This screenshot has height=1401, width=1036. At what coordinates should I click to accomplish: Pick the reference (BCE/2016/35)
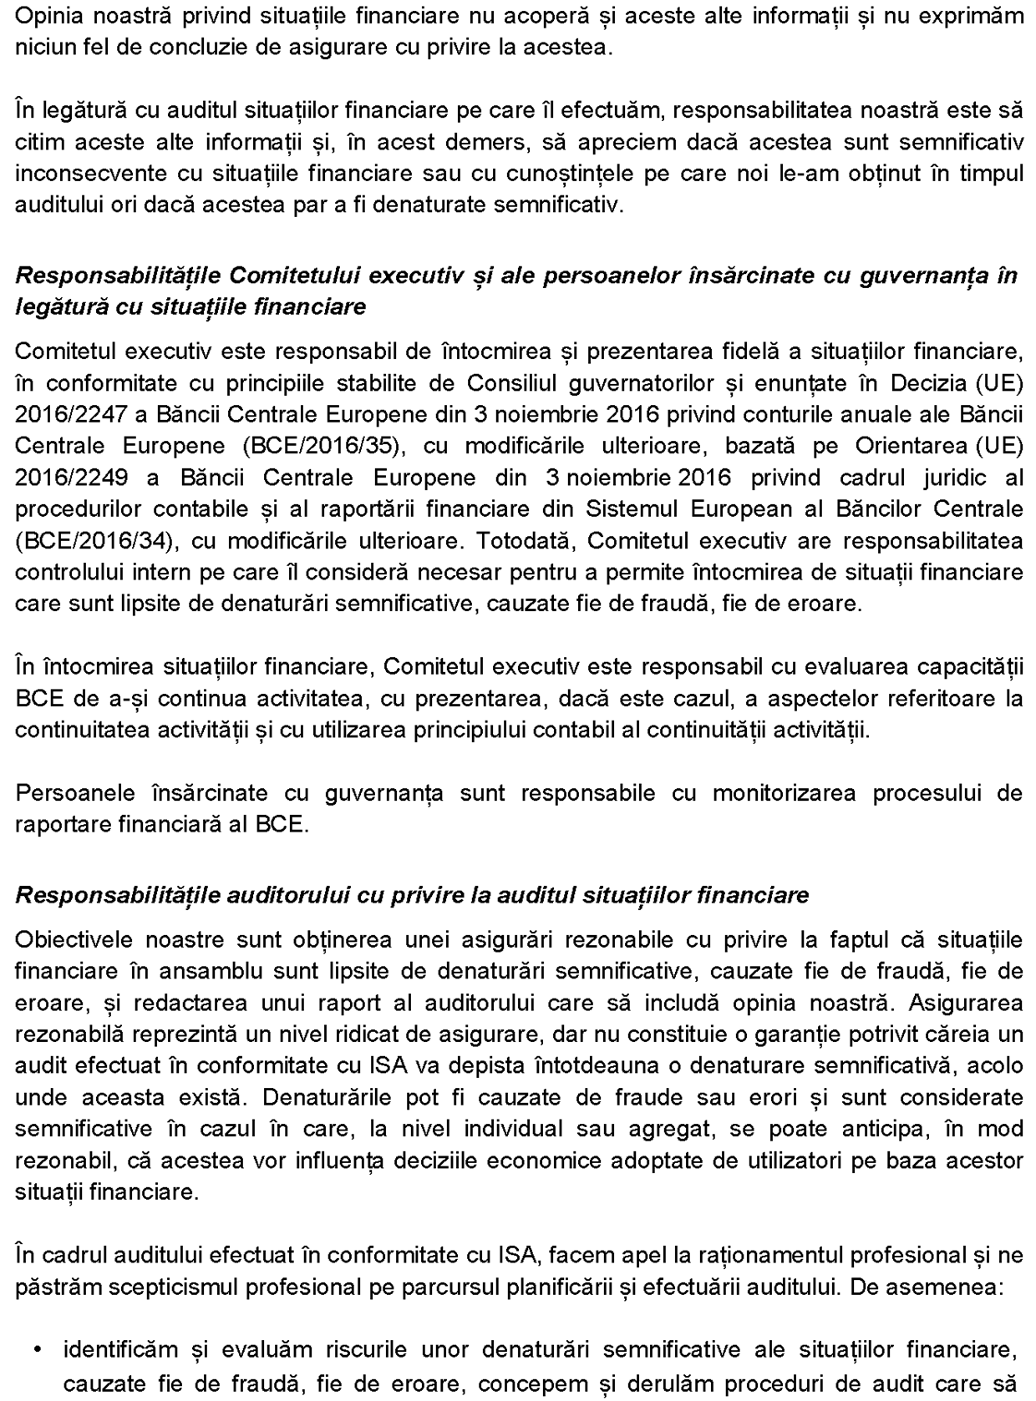click(324, 447)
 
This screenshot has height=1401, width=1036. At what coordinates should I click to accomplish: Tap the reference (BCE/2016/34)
click(95, 541)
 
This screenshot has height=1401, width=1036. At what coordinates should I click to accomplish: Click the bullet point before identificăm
click(39, 1350)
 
